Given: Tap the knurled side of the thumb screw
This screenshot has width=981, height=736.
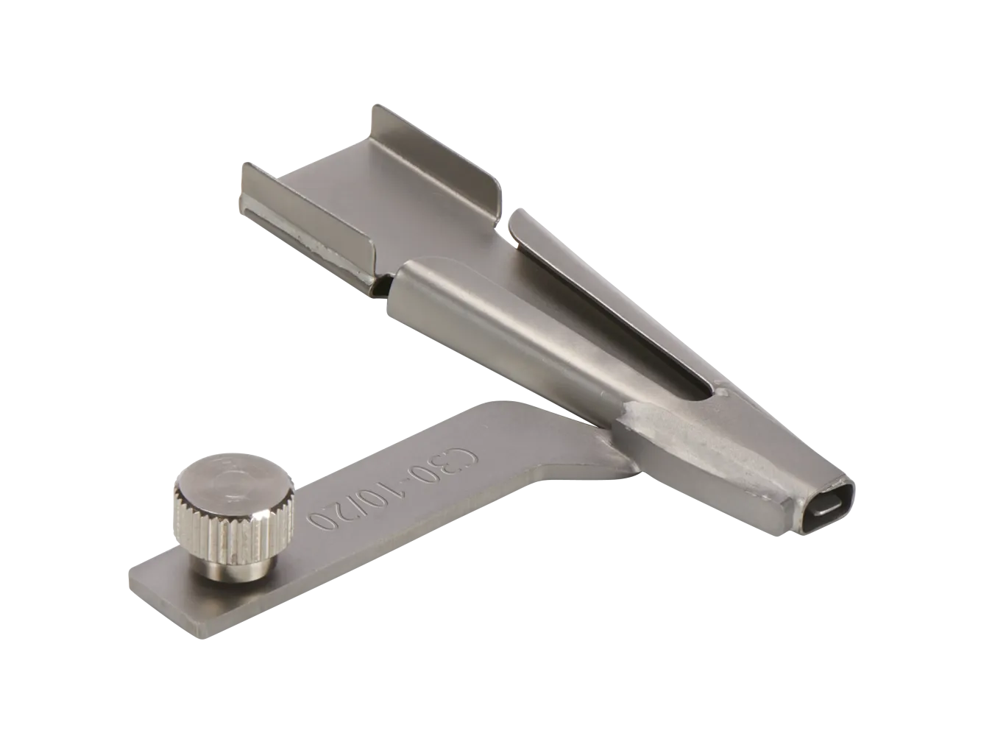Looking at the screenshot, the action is tap(232, 537).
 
